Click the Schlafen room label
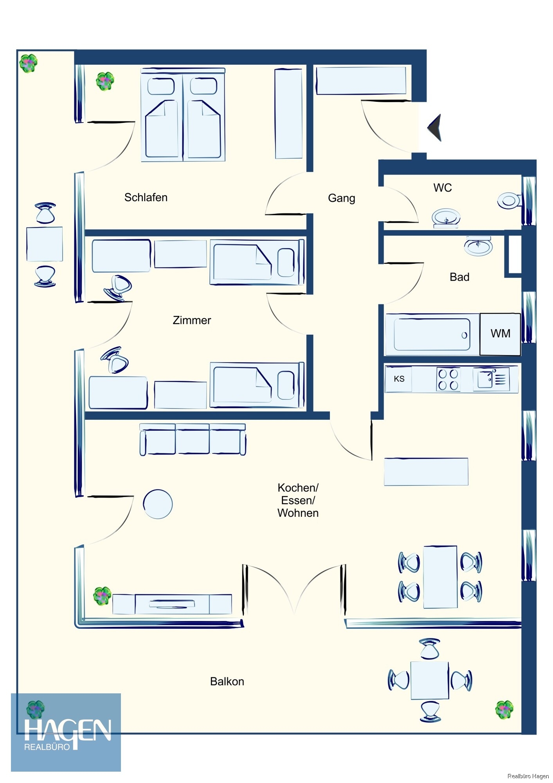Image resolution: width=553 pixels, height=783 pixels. coord(146,197)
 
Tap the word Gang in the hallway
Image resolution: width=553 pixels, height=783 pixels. coord(341,198)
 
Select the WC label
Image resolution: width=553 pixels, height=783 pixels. coord(442,188)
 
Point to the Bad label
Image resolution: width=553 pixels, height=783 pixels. coord(459,277)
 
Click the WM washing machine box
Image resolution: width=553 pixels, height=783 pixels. coord(500,334)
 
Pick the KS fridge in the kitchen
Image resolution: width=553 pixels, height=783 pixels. coord(399,379)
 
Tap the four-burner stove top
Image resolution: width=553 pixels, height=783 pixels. coord(448,379)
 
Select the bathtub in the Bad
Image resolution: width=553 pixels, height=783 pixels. coord(432,334)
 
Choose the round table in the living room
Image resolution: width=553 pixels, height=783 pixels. coord(158,504)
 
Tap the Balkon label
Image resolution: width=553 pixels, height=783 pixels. coord(227,682)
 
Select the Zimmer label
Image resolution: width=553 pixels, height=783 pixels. coord(192,320)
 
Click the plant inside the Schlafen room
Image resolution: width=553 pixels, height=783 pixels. coord(105,81)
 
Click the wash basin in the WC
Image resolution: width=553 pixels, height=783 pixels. coord(446,217)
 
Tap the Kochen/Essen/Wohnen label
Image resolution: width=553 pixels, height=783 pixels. coord(298,500)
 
